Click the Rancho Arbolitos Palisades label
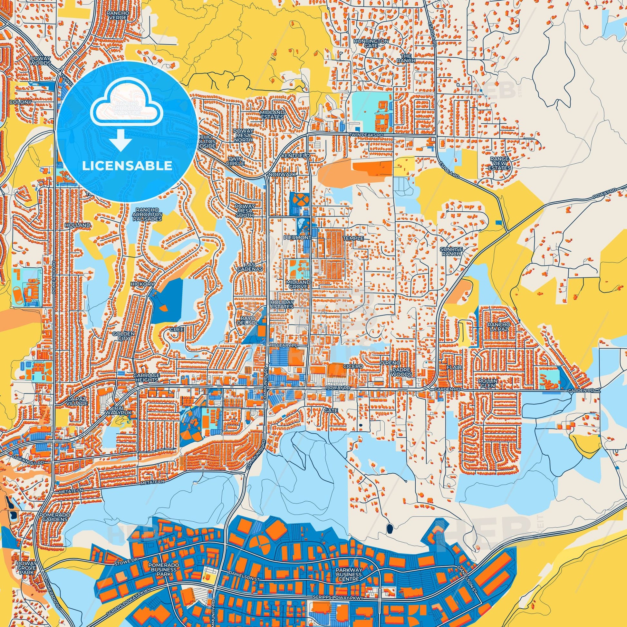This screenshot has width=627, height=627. point(147,215)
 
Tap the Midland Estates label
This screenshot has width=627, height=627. point(272,114)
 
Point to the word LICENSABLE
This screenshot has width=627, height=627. point(127,166)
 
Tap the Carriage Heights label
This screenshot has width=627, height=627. point(146,377)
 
